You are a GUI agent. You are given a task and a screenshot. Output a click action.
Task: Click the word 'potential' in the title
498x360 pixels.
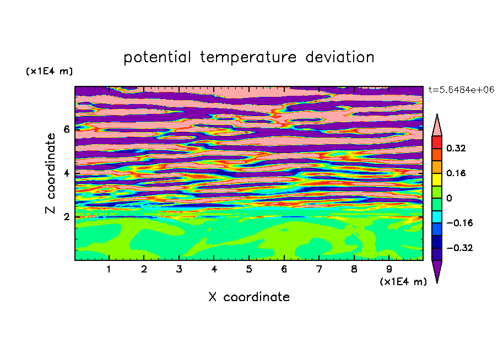coord(157,57)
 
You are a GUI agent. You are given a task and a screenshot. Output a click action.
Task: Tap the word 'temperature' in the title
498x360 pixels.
coord(248,58)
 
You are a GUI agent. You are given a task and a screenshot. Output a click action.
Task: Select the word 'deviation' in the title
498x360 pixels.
coord(339,57)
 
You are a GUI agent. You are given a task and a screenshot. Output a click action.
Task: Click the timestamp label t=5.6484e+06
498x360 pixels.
coord(461,90)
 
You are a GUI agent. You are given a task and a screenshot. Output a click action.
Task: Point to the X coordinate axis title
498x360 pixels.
coord(249,297)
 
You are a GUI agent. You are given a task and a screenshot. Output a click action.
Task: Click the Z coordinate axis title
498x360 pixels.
coord(51,173)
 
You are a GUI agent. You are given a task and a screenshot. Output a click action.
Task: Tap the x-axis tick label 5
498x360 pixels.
coord(249,269)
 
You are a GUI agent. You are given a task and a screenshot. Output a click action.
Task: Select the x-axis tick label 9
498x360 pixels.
coord(389,269)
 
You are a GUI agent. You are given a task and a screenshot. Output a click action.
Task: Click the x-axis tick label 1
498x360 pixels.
coord(109,269)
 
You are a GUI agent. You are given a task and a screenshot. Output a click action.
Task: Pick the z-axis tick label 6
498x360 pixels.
coord(66,129)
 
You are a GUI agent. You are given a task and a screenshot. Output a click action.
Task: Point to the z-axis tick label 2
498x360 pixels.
coord(66,216)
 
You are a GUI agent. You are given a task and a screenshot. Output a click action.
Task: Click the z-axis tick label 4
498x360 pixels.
coord(66,173)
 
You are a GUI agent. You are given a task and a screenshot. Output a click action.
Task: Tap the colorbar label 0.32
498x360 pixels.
coord(456,148)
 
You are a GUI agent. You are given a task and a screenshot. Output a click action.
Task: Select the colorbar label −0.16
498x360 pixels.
coord(459,223)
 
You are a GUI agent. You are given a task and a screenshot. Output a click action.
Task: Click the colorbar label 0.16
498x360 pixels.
coord(456,173)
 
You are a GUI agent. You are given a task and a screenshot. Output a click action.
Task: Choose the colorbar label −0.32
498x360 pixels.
coord(459,248)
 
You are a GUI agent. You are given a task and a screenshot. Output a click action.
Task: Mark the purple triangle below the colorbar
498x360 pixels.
coord(437,270)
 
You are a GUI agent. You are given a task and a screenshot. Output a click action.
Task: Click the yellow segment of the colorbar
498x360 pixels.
coord(437,179)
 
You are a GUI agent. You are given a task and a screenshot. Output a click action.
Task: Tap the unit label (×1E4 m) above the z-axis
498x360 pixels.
coord(49,71)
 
